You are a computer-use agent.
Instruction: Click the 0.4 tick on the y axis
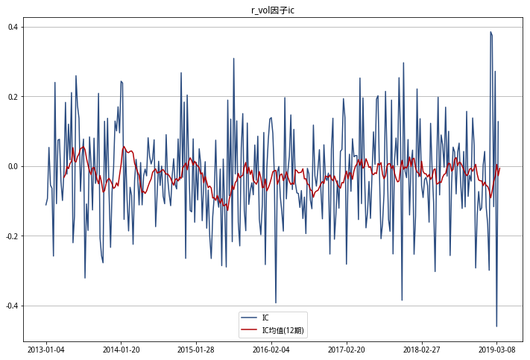pyautogui.click(x=13, y=27)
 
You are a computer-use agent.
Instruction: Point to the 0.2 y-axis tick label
pyautogui.click(x=13, y=97)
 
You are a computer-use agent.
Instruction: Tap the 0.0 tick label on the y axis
pyautogui.click(x=13, y=166)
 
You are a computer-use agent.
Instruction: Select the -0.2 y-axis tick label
pyautogui.click(x=12, y=236)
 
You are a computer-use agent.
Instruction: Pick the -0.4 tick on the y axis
pyautogui.click(x=12, y=306)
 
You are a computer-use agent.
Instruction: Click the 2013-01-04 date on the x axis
pyautogui.click(x=46, y=349)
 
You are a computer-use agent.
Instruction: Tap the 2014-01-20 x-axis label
pyautogui.click(x=121, y=349)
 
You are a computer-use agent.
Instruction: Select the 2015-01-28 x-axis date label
pyautogui.click(x=196, y=349)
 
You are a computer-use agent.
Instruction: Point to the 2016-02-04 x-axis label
pyautogui.click(x=271, y=349)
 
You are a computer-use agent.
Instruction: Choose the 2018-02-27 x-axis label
pyautogui.click(x=422, y=349)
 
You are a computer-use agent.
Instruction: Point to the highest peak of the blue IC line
pyautogui.click(x=490, y=32)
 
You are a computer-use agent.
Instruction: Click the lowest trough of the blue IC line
pyautogui.click(x=496, y=326)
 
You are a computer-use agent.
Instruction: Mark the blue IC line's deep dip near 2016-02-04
pyautogui.click(x=276, y=303)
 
